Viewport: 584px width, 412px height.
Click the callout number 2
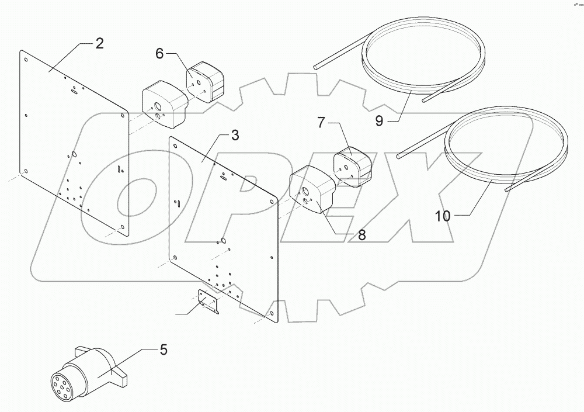(100, 43)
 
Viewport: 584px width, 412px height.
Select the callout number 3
(235, 136)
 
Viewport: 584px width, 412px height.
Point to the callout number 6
(159, 53)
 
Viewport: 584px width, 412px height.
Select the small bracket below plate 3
(208, 302)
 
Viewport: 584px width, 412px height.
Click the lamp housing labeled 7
(352, 168)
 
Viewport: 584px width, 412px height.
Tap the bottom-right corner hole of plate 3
(272, 313)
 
